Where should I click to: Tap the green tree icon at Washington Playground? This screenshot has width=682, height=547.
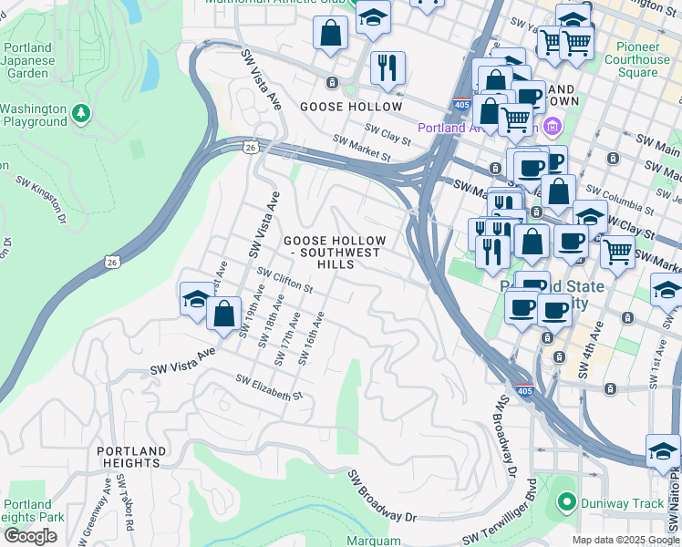click(82, 112)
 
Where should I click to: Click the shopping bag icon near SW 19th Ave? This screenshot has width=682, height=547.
click(223, 314)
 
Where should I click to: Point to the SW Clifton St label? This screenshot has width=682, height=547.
click(285, 280)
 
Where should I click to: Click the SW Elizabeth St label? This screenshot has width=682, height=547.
click(268, 388)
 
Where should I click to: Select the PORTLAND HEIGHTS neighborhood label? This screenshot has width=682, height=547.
click(132, 457)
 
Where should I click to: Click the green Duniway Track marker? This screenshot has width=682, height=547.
click(565, 501)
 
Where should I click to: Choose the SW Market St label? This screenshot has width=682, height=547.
click(361, 149)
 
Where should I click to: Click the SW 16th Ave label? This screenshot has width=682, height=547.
click(311, 338)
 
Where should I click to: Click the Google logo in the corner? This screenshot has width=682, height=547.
click(30, 536)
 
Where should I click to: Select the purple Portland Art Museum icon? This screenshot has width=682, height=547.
click(552, 125)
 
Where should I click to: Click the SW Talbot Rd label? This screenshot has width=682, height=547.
click(128, 511)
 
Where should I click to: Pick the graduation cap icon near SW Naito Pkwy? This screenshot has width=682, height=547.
click(663, 451)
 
